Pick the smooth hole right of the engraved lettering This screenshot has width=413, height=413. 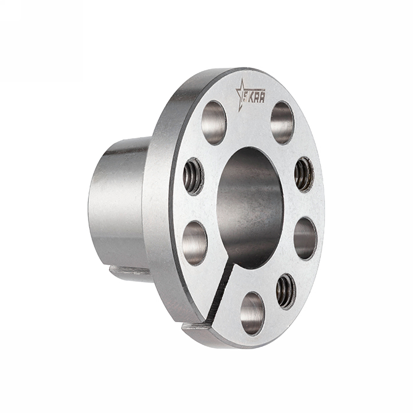282,122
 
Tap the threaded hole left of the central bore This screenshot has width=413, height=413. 193,176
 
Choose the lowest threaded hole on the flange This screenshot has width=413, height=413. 286,290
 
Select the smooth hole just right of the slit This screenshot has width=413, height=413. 252,313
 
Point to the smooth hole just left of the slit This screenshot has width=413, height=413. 195,242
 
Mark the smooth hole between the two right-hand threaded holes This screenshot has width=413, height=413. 305,238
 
